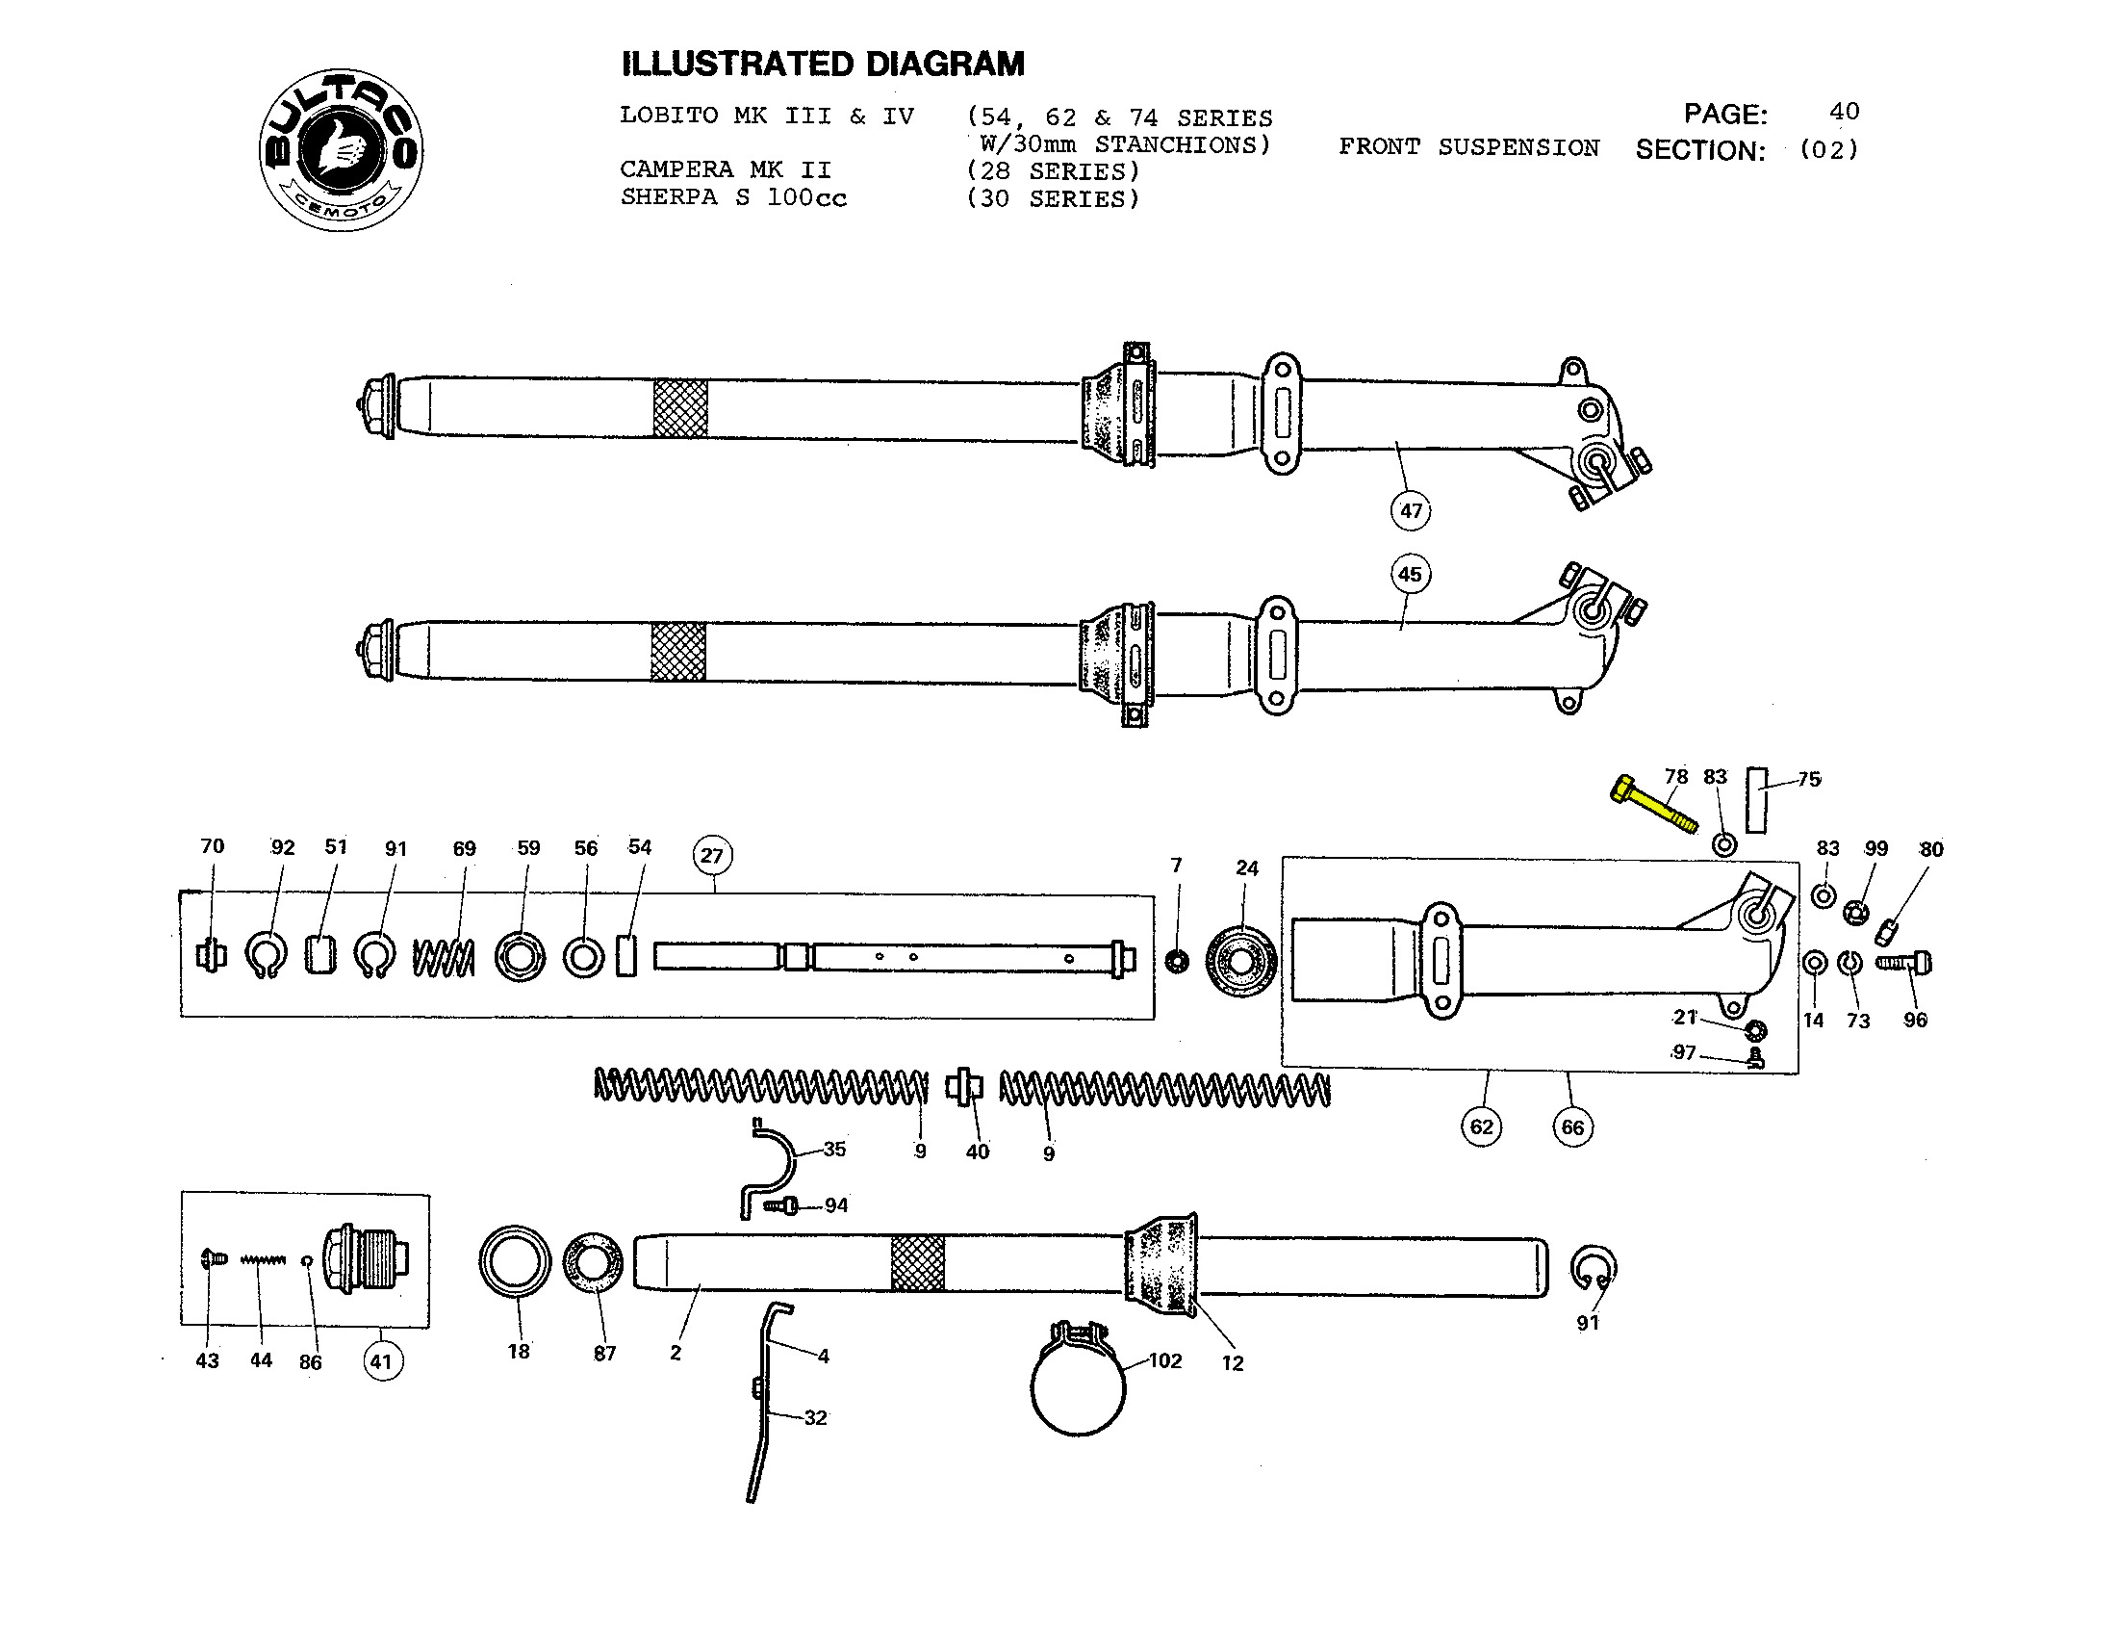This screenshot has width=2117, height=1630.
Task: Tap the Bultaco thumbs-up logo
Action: tap(342, 150)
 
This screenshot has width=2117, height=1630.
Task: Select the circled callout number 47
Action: tap(1411, 511)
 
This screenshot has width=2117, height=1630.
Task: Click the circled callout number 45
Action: tap(1410, 574)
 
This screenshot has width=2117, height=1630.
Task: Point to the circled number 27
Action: tap(712, 855)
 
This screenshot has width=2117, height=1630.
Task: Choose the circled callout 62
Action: tap(1481, 1126)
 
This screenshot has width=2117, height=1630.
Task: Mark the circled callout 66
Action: tap(1572, 1127)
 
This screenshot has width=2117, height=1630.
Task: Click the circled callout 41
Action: tap(382, 1361)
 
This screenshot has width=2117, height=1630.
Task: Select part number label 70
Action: tap(213, 846)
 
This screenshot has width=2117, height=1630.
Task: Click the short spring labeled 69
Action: tap(444, 958)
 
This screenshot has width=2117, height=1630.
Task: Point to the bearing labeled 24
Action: tap(1241, 962)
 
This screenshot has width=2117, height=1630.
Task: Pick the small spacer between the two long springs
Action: tap(964, 1086)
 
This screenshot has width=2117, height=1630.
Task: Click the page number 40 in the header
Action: tap(1844, 112)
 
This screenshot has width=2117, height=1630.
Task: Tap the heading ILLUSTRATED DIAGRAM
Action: tap(822, 64)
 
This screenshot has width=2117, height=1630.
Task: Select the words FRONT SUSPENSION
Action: tap(1468, 147)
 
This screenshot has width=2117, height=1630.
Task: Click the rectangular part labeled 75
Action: tap(1756, 800)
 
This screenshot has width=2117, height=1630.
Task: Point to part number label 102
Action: tap(1165, 1360)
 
